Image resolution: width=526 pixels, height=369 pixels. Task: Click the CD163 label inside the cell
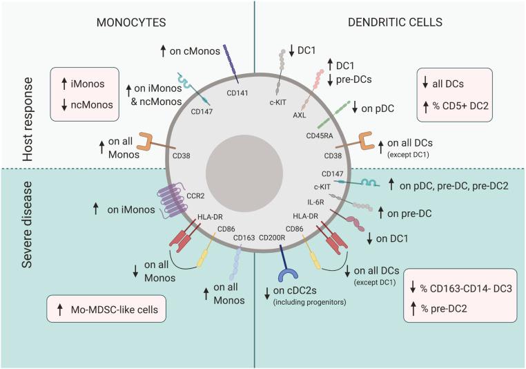tap(244, 238)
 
